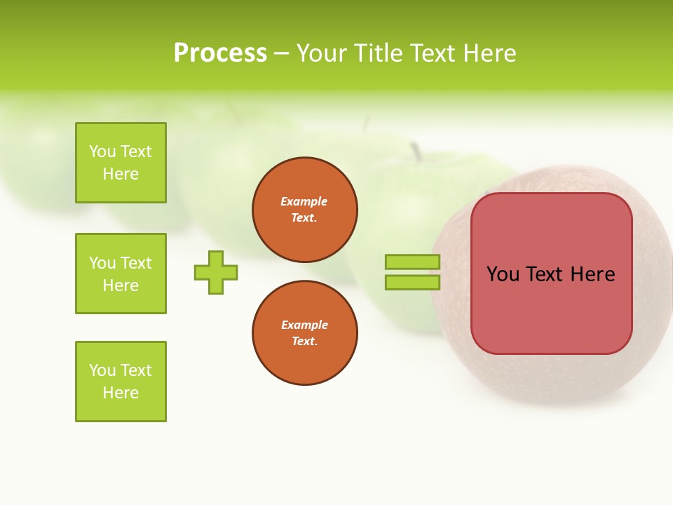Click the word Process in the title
coord(220,53)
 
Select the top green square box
coord(121,163)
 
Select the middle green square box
coord(121,274)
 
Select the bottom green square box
coord(121,382)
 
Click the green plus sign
coord(216,272)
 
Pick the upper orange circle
coord(305,210)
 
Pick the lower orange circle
coord(305,333)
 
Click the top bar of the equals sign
coord(412,262)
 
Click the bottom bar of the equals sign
coord(412,283)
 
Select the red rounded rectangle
coord(551,309)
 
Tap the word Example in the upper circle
coord(304,201)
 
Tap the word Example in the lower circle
coord(304,325)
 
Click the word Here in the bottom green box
coord(121,393)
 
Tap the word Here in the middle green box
coord(121,285)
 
